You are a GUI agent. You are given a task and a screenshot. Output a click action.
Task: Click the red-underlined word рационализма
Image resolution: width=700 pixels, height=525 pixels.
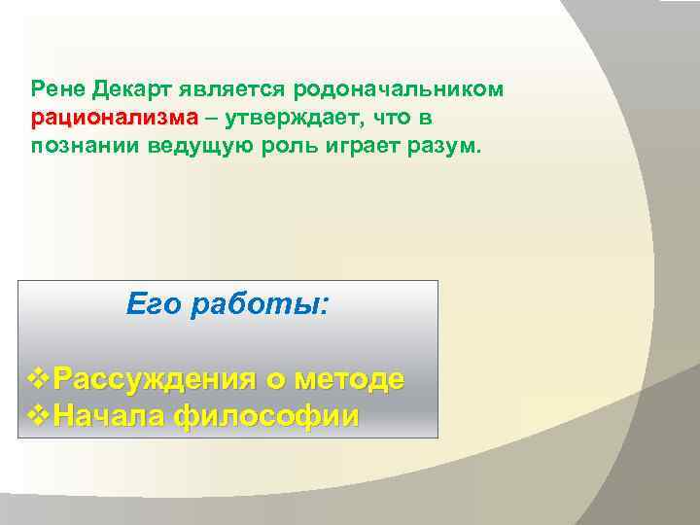coord(114,118)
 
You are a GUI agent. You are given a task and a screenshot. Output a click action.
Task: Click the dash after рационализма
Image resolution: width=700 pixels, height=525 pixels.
coord(211,118)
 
